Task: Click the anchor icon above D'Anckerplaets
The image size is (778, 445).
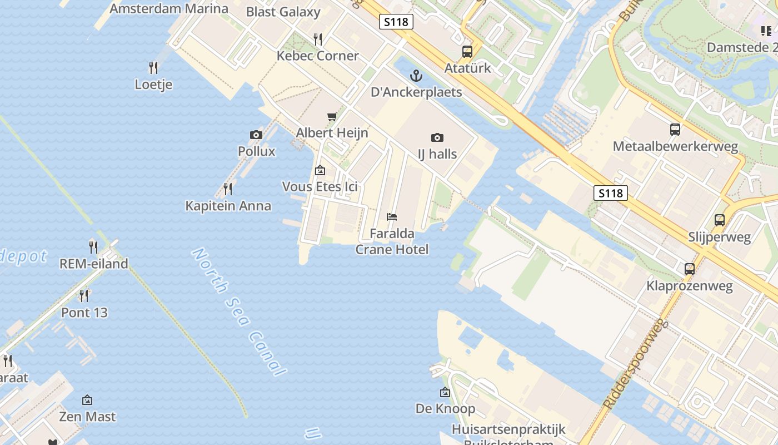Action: tap(416, 76)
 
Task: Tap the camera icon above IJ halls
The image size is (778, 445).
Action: tap(437, 137)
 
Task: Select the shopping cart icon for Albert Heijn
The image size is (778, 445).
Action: tap(332, 116)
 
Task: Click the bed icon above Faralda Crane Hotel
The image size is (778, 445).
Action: tap(392, 216)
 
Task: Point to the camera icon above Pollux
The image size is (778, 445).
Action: tap(256, 135)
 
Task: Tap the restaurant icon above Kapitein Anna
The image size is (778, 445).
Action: tap(228, 189)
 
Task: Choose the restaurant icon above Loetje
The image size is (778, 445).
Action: tap(153, 68)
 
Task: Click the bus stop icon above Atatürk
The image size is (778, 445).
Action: tap(467, 52)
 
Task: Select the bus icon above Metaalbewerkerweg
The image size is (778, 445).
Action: tap(675, 130)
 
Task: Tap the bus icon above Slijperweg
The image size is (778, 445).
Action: tap(720, 220)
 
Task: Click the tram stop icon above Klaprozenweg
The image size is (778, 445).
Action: tap(690, 269)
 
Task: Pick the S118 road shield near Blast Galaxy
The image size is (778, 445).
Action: tap(396, 22)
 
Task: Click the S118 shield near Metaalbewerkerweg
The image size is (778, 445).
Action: tap(611, 193)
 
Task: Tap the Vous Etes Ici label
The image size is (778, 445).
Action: tap(320, 187)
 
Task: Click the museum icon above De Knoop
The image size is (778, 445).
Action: tap(445, 392)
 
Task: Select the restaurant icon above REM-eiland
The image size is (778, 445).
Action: tap(93, 247)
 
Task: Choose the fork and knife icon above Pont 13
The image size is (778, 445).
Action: tap(84, 295)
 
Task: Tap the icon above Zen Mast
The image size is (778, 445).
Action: tap(87, 400)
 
